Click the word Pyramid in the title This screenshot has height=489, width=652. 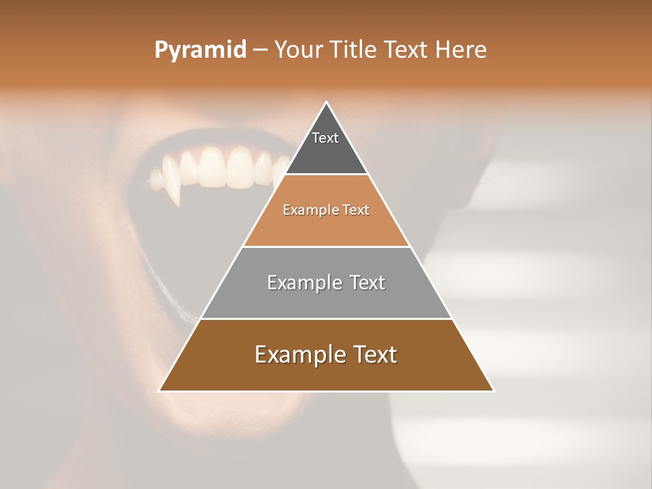pos(200,50)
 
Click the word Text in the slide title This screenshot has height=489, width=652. pos(408,50)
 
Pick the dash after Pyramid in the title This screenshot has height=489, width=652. pos(260,50)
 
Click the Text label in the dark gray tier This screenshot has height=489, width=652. pos(325,138)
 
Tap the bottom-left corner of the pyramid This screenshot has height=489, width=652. pos(160,391)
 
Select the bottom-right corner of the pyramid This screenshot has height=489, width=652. pos(494,391)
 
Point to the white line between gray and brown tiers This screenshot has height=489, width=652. pos(327,319)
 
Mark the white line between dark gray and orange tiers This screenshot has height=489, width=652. pos(327,175)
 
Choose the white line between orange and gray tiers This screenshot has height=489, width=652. pos(327,247)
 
